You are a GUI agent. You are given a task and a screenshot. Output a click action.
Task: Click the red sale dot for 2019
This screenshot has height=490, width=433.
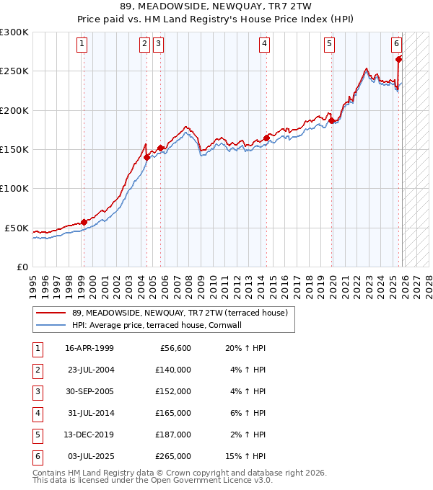click(x=332, y=121)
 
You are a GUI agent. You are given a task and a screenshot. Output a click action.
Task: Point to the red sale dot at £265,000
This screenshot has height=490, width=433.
click(x=399, y=60)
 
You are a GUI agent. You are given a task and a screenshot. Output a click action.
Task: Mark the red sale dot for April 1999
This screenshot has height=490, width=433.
click(x=84, y=222)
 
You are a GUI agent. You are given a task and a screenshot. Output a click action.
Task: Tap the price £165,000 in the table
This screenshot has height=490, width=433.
click(x=172, y=413)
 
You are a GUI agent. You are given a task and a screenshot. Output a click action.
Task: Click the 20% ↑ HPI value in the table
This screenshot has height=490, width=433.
click(x=245, y=348)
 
